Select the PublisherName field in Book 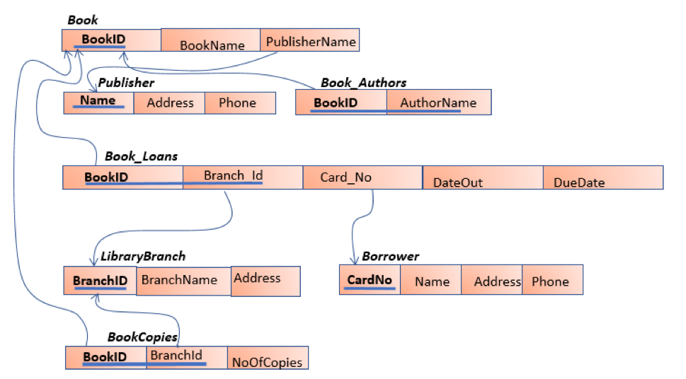(310, 41)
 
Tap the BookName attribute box (211, 44)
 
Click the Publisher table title (126, 83)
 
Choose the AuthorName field (438, 103)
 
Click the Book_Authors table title (363, 83)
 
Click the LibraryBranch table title (142, 256)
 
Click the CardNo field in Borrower (370, 280)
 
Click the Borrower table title (390, 256)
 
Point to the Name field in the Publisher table (98, 101)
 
